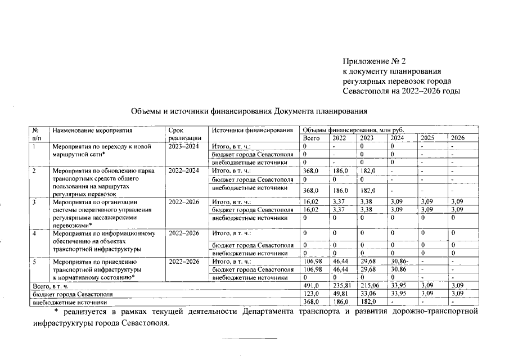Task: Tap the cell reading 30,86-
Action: click(x=399, y=262)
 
